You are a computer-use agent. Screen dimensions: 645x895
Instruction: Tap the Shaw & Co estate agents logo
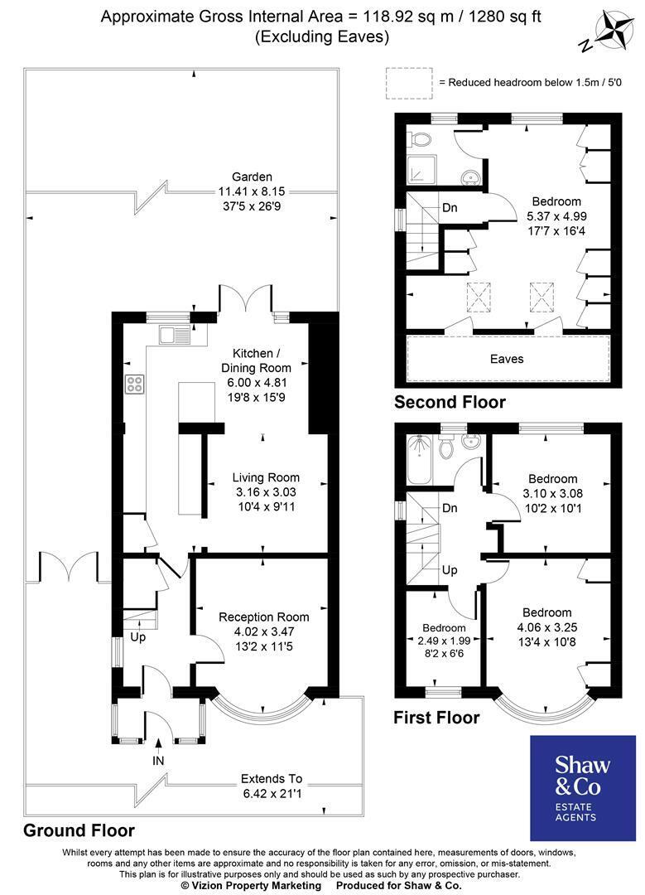click(583, 788)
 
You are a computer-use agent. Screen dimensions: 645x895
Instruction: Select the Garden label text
click(252, 177)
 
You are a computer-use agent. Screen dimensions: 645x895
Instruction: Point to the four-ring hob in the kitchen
click(135, 384)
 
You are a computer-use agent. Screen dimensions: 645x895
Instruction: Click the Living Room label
click(266, 478)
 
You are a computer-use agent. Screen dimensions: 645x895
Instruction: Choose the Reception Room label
click(264, 617)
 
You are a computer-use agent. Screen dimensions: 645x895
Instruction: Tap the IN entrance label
click(158, 760)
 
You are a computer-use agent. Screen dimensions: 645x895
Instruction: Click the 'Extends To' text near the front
click(272, 778)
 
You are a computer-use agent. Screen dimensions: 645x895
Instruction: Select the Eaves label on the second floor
click(507, 359)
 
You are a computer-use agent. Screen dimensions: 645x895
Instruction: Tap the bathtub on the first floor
click(420, 459)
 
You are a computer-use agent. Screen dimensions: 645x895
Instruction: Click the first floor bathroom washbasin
click(471, 441)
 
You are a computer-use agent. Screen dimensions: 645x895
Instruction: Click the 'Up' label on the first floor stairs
click(450, 570)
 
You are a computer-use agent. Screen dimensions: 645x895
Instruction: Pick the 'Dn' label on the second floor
click(450, 208)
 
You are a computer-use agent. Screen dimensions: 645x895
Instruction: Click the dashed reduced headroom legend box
click(408, 84)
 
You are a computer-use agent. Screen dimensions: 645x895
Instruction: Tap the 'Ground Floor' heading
click(79, 830)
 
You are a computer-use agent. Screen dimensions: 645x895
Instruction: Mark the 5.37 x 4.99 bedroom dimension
click(556, 216)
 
